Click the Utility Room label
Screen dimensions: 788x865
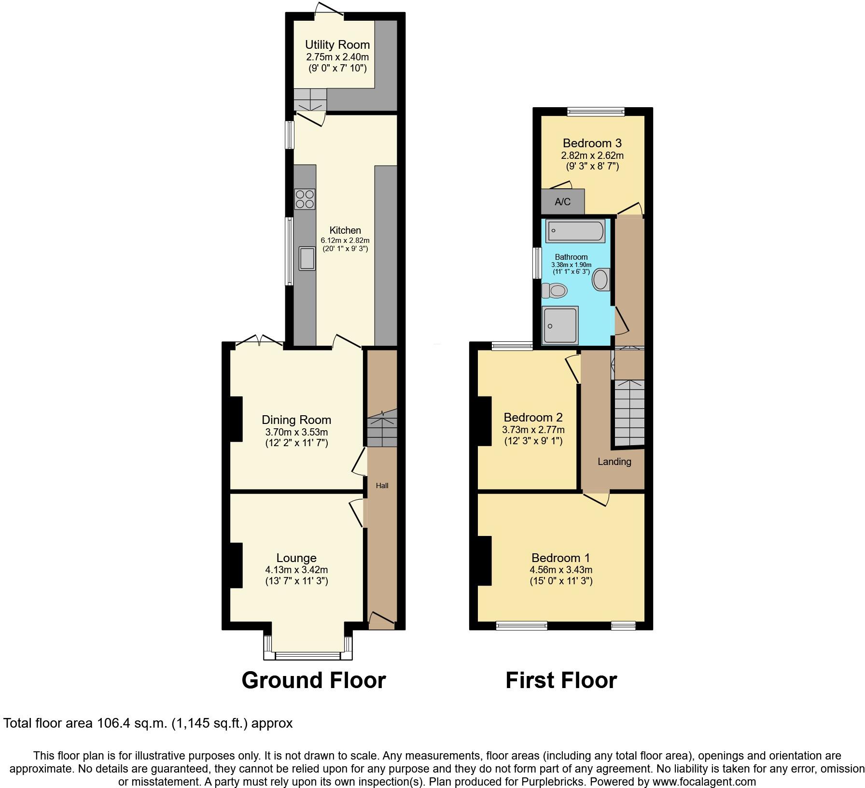(337, 45)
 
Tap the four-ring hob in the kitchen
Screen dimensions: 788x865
(305, 199)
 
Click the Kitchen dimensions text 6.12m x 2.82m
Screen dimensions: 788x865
(345, 240)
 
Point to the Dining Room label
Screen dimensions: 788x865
(296, 420)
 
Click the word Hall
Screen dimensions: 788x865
(382, 486)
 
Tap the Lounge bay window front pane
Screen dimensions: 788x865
(308, 656)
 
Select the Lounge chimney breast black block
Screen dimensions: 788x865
(236, 565)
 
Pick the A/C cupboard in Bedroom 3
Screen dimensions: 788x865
(562, 201)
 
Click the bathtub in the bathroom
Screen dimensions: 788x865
(575, 231)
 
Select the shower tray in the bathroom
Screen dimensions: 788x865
(560, 325)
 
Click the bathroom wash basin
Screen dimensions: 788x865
(601, 280)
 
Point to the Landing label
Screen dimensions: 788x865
(614, 462)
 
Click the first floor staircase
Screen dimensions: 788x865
(628, 413)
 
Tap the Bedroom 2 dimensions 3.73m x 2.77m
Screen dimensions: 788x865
(533, 430)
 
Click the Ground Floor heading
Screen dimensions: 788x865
(313, 680)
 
